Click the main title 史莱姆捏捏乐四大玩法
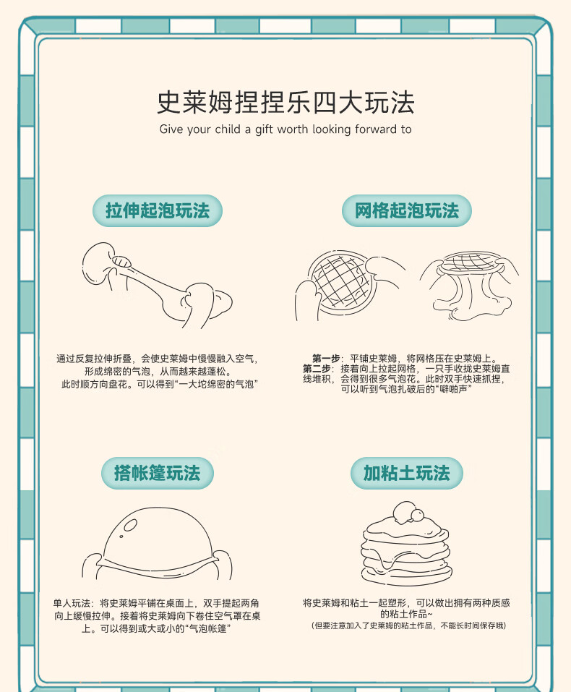285,102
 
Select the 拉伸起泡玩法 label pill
157,210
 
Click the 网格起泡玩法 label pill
406,210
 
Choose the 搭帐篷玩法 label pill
157,473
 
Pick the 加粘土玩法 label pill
406,473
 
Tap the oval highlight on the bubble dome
131,525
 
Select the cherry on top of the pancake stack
416,515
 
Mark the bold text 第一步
326,359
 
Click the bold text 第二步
316,369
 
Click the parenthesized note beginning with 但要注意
408,625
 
